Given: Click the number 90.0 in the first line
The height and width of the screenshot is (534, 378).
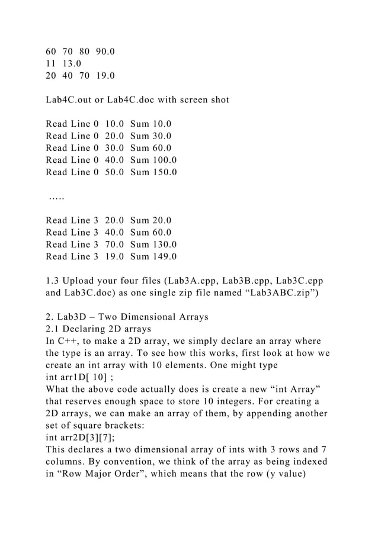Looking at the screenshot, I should [104, 51].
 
